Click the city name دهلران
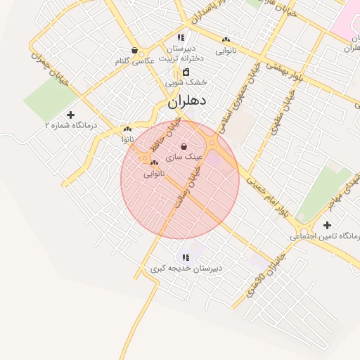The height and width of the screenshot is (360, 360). tap(186, 101)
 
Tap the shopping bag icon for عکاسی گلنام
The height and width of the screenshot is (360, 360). tap(134, 51)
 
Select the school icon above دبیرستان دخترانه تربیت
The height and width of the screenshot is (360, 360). tap(181, 38)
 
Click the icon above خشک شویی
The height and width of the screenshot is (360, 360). tap(186, 72)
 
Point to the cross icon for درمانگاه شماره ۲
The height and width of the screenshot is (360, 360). tap(70, 115)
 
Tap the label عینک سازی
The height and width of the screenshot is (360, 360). tap(184, 157)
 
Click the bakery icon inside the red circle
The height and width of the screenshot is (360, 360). tap(153, 163)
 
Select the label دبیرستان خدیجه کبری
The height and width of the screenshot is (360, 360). tap(186, 269)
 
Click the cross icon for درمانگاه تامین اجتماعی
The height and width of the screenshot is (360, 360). tap(327, 225)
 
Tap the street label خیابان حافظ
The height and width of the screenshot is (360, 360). tap(165, 136)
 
